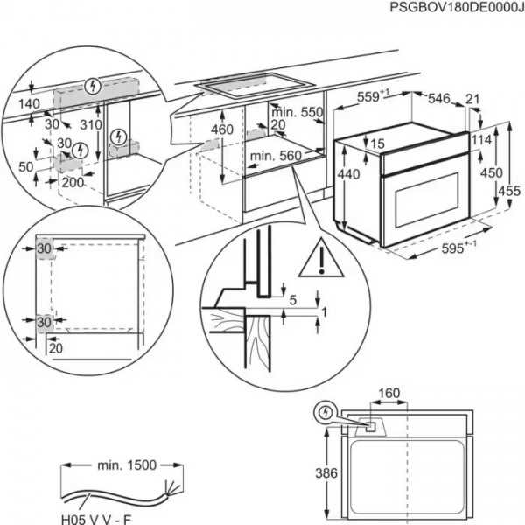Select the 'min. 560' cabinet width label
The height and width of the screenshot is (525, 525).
(x=274, y=156)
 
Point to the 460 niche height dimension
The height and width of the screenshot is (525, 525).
(x=221, y=129)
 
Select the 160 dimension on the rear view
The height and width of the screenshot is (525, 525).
(x=389, y=393)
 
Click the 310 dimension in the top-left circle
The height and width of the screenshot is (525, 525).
(x=89, y=125)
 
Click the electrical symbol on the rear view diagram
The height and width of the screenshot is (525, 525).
(x=325, y=410)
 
